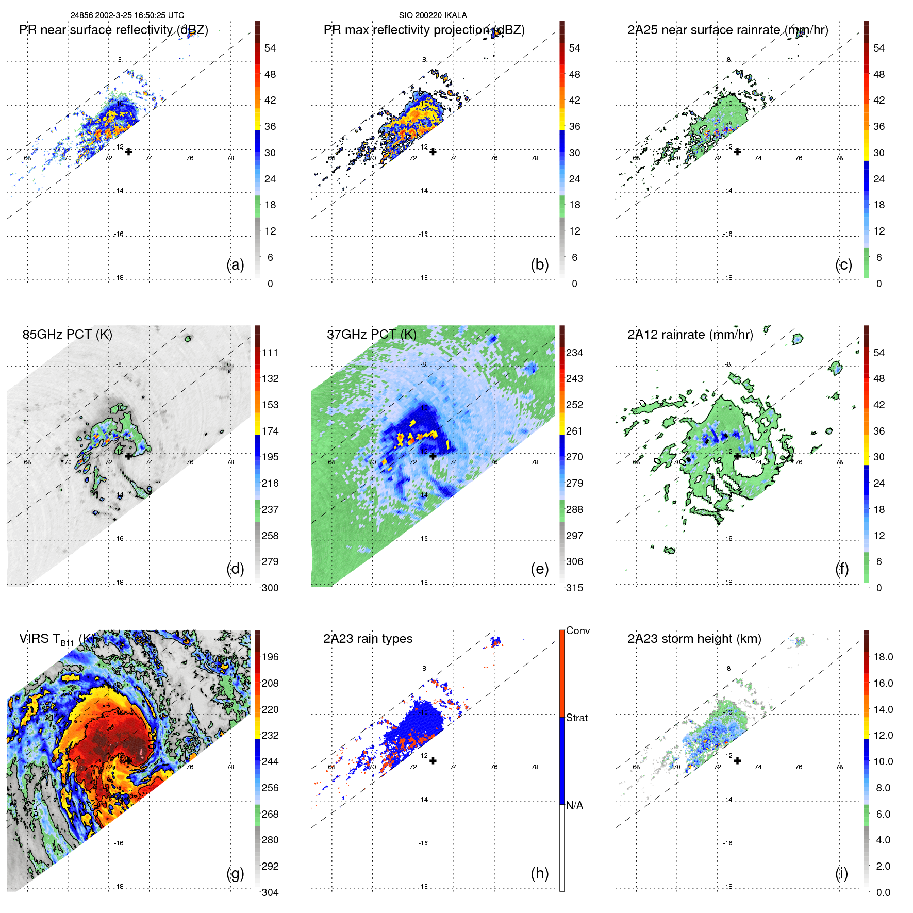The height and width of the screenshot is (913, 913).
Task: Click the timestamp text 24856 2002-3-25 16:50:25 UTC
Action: click(127, 15)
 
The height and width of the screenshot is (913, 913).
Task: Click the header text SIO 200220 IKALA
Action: click(433, 15)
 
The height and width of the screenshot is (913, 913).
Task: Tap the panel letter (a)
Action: click(235, 264)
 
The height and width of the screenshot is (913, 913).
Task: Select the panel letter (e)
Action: click(539, 569)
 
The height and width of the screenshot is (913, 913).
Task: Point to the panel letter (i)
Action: click(841, 873)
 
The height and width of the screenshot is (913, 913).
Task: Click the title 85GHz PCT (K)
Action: click(67, 334)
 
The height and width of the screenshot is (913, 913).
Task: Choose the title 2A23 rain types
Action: click(368, 639)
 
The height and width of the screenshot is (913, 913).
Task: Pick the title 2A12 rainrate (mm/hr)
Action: click(690, 334)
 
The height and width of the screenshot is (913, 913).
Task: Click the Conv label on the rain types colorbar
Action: click(578, 630)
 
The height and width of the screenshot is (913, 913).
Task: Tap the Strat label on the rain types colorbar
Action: click(577, 718)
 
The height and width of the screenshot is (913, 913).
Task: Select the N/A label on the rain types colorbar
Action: click(574, 805)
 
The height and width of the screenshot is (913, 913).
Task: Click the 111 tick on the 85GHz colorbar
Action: click(270, 353)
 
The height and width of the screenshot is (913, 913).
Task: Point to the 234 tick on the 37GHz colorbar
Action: click(574, 353)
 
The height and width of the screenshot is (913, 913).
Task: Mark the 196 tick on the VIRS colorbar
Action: click(270, 657)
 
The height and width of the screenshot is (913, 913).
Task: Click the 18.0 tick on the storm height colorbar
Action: click(883, 657)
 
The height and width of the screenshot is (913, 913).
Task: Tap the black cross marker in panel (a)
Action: click(128, 152)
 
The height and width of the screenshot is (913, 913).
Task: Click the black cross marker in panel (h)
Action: click(433, 760)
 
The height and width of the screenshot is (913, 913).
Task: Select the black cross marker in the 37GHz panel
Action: click(433, 456)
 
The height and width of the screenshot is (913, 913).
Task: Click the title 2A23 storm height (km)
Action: click(694, 639)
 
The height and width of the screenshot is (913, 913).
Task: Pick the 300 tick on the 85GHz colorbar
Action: click(270, 588)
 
